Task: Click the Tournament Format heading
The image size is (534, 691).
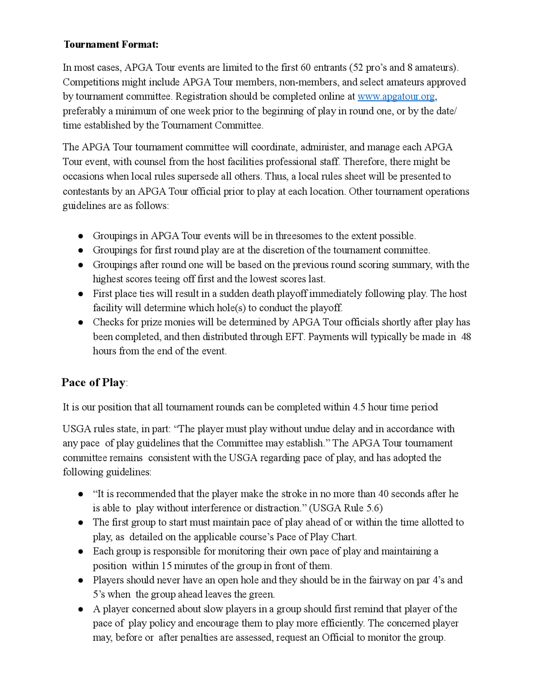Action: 111,44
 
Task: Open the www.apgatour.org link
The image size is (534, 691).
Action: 396,96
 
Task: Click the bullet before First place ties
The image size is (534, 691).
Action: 81,294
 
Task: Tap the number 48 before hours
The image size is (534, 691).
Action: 466,337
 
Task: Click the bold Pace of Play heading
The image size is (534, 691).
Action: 93,383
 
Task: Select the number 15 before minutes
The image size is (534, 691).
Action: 166,566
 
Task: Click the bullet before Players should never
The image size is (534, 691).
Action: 81,580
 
